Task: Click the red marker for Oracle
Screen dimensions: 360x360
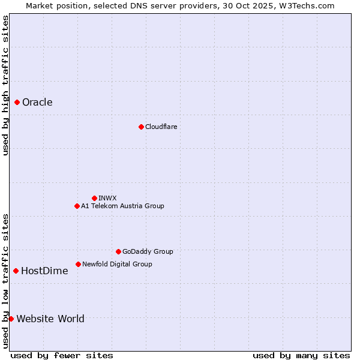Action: tap(17, 103)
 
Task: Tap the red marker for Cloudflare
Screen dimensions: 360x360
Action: tap(141, 127)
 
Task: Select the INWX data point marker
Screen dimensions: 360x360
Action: tap(94, 198)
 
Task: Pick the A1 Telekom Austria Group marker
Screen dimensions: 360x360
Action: tap(77, 206)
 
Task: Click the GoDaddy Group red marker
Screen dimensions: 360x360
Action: tap(118, 251)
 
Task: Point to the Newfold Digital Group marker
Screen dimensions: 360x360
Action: tap(78, 264)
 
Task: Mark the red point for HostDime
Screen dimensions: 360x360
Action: tap(16, 271)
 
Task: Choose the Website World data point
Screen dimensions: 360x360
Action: tap(11, 319)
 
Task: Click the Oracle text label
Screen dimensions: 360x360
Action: tap(37, 103)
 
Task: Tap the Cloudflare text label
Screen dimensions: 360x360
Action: tap(161, 127)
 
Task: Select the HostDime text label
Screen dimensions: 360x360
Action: tap(44, 271)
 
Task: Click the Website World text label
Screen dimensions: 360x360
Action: tap(50, 319)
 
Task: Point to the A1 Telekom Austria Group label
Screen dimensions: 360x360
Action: tap(122, 206)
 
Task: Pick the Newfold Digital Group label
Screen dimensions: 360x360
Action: tap(117, 264)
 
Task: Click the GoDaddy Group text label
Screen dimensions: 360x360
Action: tap(148, 251)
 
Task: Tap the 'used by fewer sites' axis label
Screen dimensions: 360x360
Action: tap(62, 355)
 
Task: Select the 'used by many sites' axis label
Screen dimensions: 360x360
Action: tap(301, 355)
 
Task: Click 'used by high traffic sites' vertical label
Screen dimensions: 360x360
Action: tap(5, 85)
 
